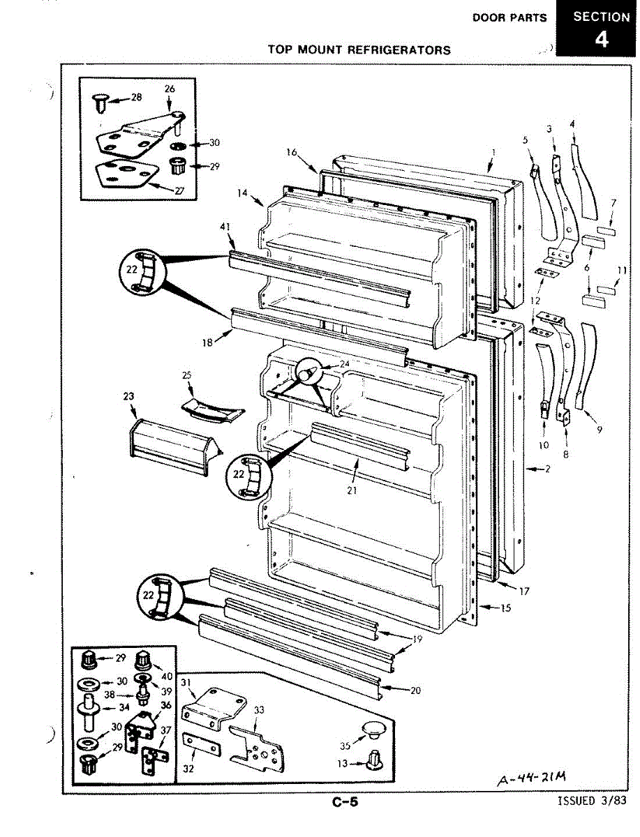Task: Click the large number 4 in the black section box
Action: click(600, 40)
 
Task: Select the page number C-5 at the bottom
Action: click(345, 802)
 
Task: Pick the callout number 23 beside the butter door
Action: click(128, 396)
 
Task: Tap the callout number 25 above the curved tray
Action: click(186, 375)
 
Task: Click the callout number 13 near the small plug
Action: click(342, 764)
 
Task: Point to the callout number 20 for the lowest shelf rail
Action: click(415, 691)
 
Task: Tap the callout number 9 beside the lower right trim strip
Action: click(600, 430)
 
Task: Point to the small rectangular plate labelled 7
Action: click(606, 230)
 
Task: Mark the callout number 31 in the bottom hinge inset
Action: click(186, 681)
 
